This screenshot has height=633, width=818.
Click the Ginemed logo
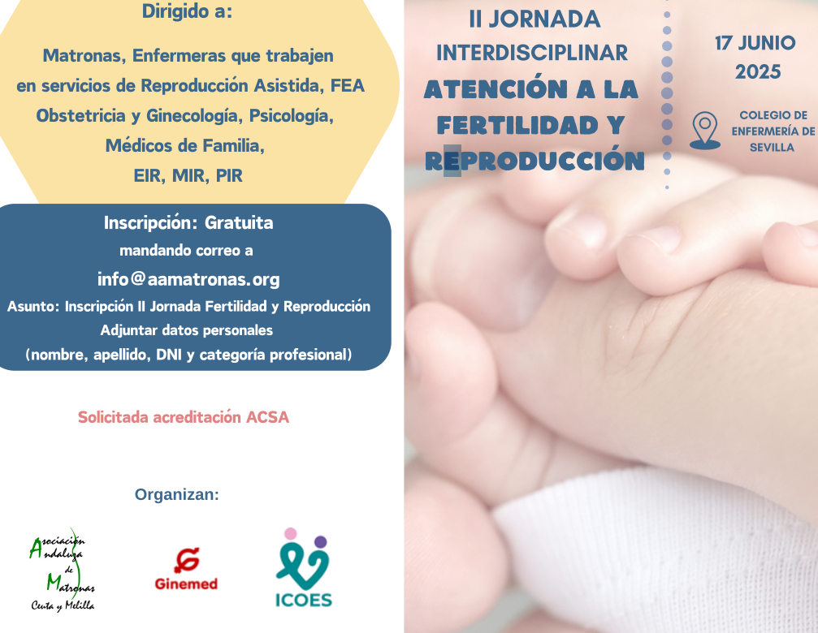186,569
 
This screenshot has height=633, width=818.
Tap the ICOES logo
304,568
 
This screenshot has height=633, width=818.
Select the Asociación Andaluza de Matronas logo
63,570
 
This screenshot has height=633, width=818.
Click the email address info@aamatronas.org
188,279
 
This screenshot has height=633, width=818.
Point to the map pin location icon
705,130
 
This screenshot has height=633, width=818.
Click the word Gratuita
239,222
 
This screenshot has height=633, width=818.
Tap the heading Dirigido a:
188,11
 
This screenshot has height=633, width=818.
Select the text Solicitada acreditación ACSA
184,417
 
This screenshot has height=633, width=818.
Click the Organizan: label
177,494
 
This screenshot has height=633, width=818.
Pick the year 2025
758,72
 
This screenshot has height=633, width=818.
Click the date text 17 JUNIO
755,43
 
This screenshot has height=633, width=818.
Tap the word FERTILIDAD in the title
517,125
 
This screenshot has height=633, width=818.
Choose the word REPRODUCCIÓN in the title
535,161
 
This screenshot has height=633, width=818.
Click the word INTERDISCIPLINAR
532,53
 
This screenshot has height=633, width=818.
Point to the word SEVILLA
772,148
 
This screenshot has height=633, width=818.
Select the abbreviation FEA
348,85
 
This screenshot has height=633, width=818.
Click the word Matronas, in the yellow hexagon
84,55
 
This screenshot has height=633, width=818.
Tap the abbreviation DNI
169,355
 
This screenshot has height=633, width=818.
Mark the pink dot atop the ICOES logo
291,533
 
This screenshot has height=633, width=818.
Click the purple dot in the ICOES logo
321,542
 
